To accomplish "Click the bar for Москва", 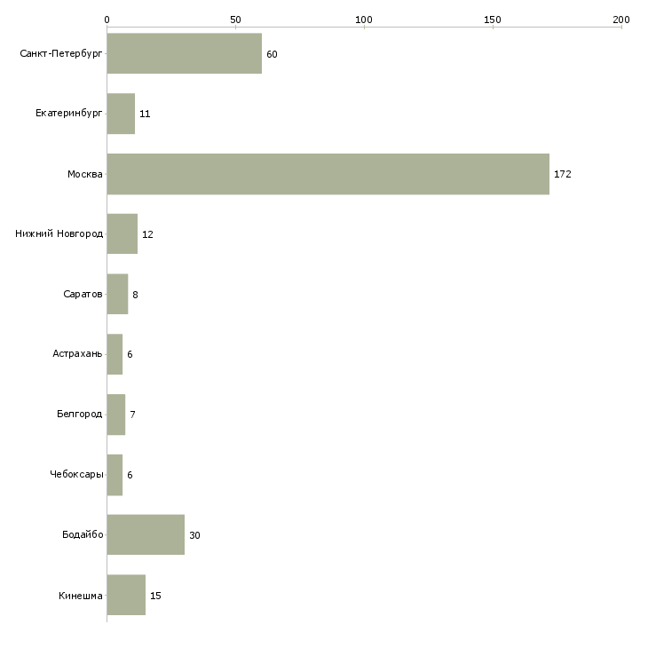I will (x=328, y=174).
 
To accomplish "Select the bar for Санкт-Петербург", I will (x=184, y=54).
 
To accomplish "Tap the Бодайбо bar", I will (x=146, y=534).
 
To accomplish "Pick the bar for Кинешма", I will (x=126, y=595).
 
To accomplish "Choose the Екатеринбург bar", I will (x=121, y=114).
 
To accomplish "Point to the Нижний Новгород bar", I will (x=122, y=234).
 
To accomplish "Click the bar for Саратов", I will (x=117, y=294).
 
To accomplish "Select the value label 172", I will (x=563, y=175).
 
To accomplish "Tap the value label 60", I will (x=272, y=55).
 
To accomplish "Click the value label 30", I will (x=194, y=535).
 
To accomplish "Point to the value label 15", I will (x=155, y=596).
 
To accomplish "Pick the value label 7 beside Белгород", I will (x=132, y=415).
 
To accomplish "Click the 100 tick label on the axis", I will (x=364, y=19).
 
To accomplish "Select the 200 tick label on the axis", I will (x=621, y=19).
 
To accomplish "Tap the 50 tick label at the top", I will (x=235, y=19).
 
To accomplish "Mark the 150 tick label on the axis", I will (x=493, y=19).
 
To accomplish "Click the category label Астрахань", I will (x=77, y=354).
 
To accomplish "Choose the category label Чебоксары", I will (x=76, y=475).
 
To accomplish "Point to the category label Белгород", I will (x=79, y=415).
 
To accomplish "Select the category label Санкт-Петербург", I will (x=61, y=54).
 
